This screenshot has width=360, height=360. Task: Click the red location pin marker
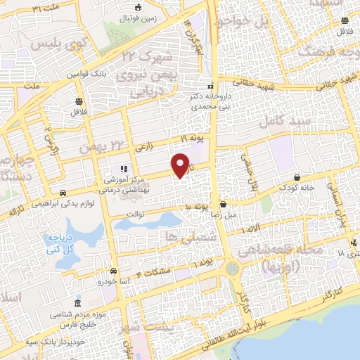click(181, 165)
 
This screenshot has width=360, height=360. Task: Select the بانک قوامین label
click(91, 74)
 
